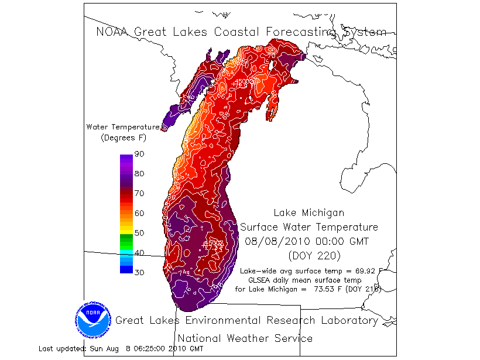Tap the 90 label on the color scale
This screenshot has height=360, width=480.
139,154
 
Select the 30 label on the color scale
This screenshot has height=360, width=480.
139,272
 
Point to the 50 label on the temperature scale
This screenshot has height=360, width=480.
139,233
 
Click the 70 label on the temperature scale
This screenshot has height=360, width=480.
139,193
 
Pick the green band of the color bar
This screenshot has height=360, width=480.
126,241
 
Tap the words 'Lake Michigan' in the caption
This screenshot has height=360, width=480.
309,213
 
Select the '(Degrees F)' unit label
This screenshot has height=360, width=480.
124,138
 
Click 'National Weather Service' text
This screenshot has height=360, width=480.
245,338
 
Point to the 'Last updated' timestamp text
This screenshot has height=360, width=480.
121,349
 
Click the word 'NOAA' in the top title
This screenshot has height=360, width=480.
114,32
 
